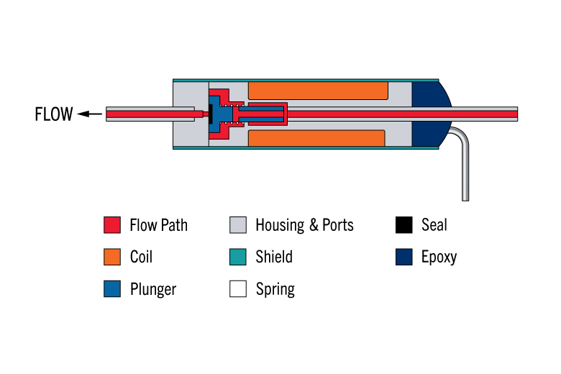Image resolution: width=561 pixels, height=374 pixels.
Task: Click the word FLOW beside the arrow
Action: click(x=54, y=114)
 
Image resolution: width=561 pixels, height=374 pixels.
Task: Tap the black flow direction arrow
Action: click(x=90, y=114)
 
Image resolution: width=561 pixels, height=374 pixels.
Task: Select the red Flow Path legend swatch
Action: click(x=112, y=225)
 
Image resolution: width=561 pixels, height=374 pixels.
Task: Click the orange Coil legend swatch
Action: click(x=112, y=257)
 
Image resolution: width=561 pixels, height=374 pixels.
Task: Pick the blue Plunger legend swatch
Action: click(x=112, y=289)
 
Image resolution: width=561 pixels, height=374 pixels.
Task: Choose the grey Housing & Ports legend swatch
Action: click(x=238, y=225)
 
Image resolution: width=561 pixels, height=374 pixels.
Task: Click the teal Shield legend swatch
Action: click(x=238, y=257)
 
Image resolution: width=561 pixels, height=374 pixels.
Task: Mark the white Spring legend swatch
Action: click(x=238, y=289)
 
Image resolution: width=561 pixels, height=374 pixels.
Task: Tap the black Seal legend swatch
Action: click(x=404, y=225)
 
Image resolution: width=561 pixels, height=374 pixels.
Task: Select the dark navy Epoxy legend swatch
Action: click(x=404, y=257)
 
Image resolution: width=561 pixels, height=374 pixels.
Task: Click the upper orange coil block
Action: click(x=318, y=91)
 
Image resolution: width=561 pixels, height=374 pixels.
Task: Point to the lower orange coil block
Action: click(x=316, y=138)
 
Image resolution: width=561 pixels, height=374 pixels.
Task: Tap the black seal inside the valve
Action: click(x=211, y=114)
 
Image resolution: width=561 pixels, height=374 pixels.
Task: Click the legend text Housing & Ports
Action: click(x=304, y=225)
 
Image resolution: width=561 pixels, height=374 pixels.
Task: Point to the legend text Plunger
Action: click(x=153, y=289)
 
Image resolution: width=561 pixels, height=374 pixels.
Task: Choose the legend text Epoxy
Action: click(x=439, y=257)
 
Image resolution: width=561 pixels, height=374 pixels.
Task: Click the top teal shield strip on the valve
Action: click(x=306, y=80)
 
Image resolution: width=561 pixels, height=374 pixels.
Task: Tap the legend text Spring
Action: click(x=275, y=289)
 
